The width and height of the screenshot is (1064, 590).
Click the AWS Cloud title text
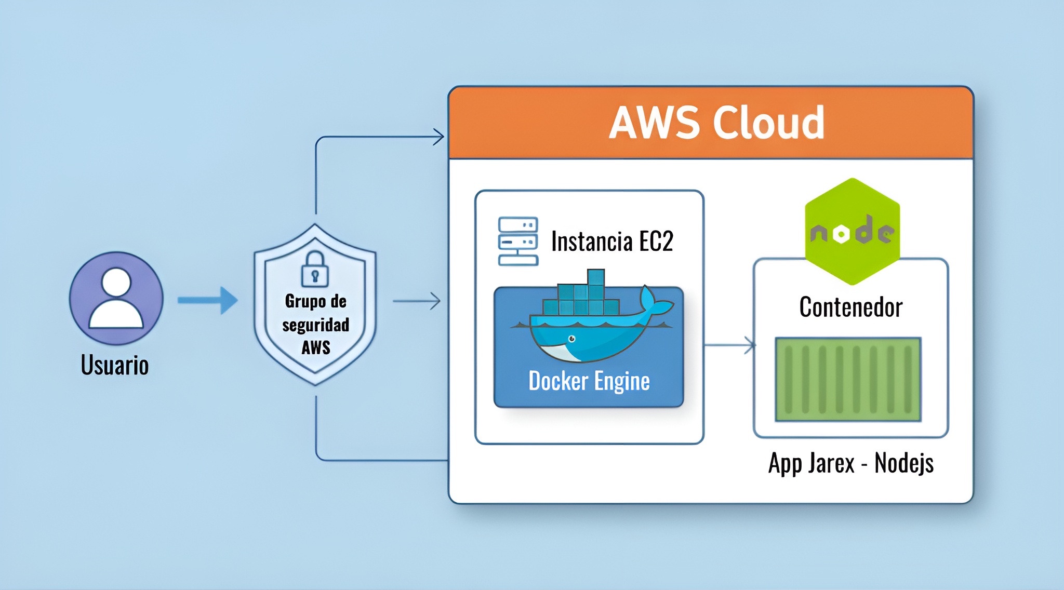[716, 123]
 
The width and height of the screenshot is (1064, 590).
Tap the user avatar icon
[116, 298]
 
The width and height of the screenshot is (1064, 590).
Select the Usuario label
[115, 365]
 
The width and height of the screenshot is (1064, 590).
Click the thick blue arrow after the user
[207, 300]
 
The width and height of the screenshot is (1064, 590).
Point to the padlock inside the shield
[315, 269]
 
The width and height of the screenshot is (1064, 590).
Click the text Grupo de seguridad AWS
[316, 324]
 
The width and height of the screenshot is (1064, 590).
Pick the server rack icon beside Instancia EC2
[518, 241]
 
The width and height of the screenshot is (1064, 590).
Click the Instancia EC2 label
[612, 242]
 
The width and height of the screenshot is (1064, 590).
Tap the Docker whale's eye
[572, 339]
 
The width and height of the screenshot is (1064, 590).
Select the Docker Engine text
[589, 381]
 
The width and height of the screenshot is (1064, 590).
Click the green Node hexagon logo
[852, 232]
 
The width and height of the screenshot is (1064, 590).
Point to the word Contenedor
[851, 307]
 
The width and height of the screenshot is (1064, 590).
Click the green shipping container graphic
[848, 379]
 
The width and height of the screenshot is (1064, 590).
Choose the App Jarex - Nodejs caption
[851, 463]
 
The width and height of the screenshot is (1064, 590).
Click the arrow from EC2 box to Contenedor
[730, 345]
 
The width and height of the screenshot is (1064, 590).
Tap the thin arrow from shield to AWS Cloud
[417, 301]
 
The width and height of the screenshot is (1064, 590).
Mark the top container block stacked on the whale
[596, 277]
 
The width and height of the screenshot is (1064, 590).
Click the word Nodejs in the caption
[904, 463]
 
